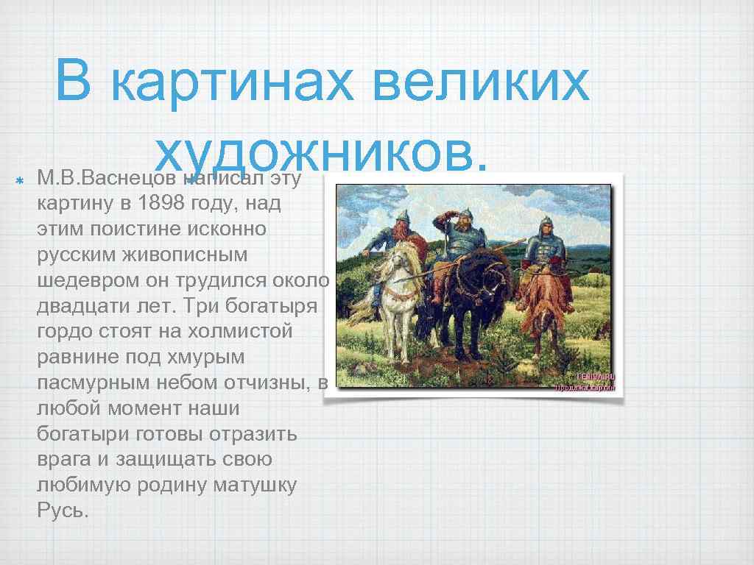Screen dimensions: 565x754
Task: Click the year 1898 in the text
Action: (163, 204)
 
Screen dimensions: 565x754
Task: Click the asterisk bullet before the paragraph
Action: (21, 179)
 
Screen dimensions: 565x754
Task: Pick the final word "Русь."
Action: (63, 510)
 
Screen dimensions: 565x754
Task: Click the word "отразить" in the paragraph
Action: (253, 433)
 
